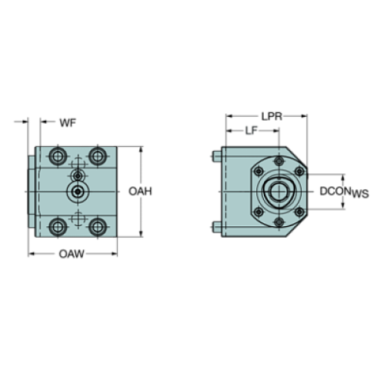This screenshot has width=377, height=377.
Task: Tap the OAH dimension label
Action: [x=138, y=190]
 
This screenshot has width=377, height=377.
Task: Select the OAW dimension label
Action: [x=72, y=255]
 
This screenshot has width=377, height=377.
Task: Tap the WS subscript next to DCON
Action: [x=360, y=194]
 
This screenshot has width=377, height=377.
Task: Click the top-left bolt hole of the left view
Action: [x=58, y=156]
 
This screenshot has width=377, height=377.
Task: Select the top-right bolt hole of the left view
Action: [x=97, y=156]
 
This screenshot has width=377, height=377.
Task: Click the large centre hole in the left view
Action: [x=77, y=191]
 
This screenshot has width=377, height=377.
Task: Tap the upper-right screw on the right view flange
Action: [x=295, y=170]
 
